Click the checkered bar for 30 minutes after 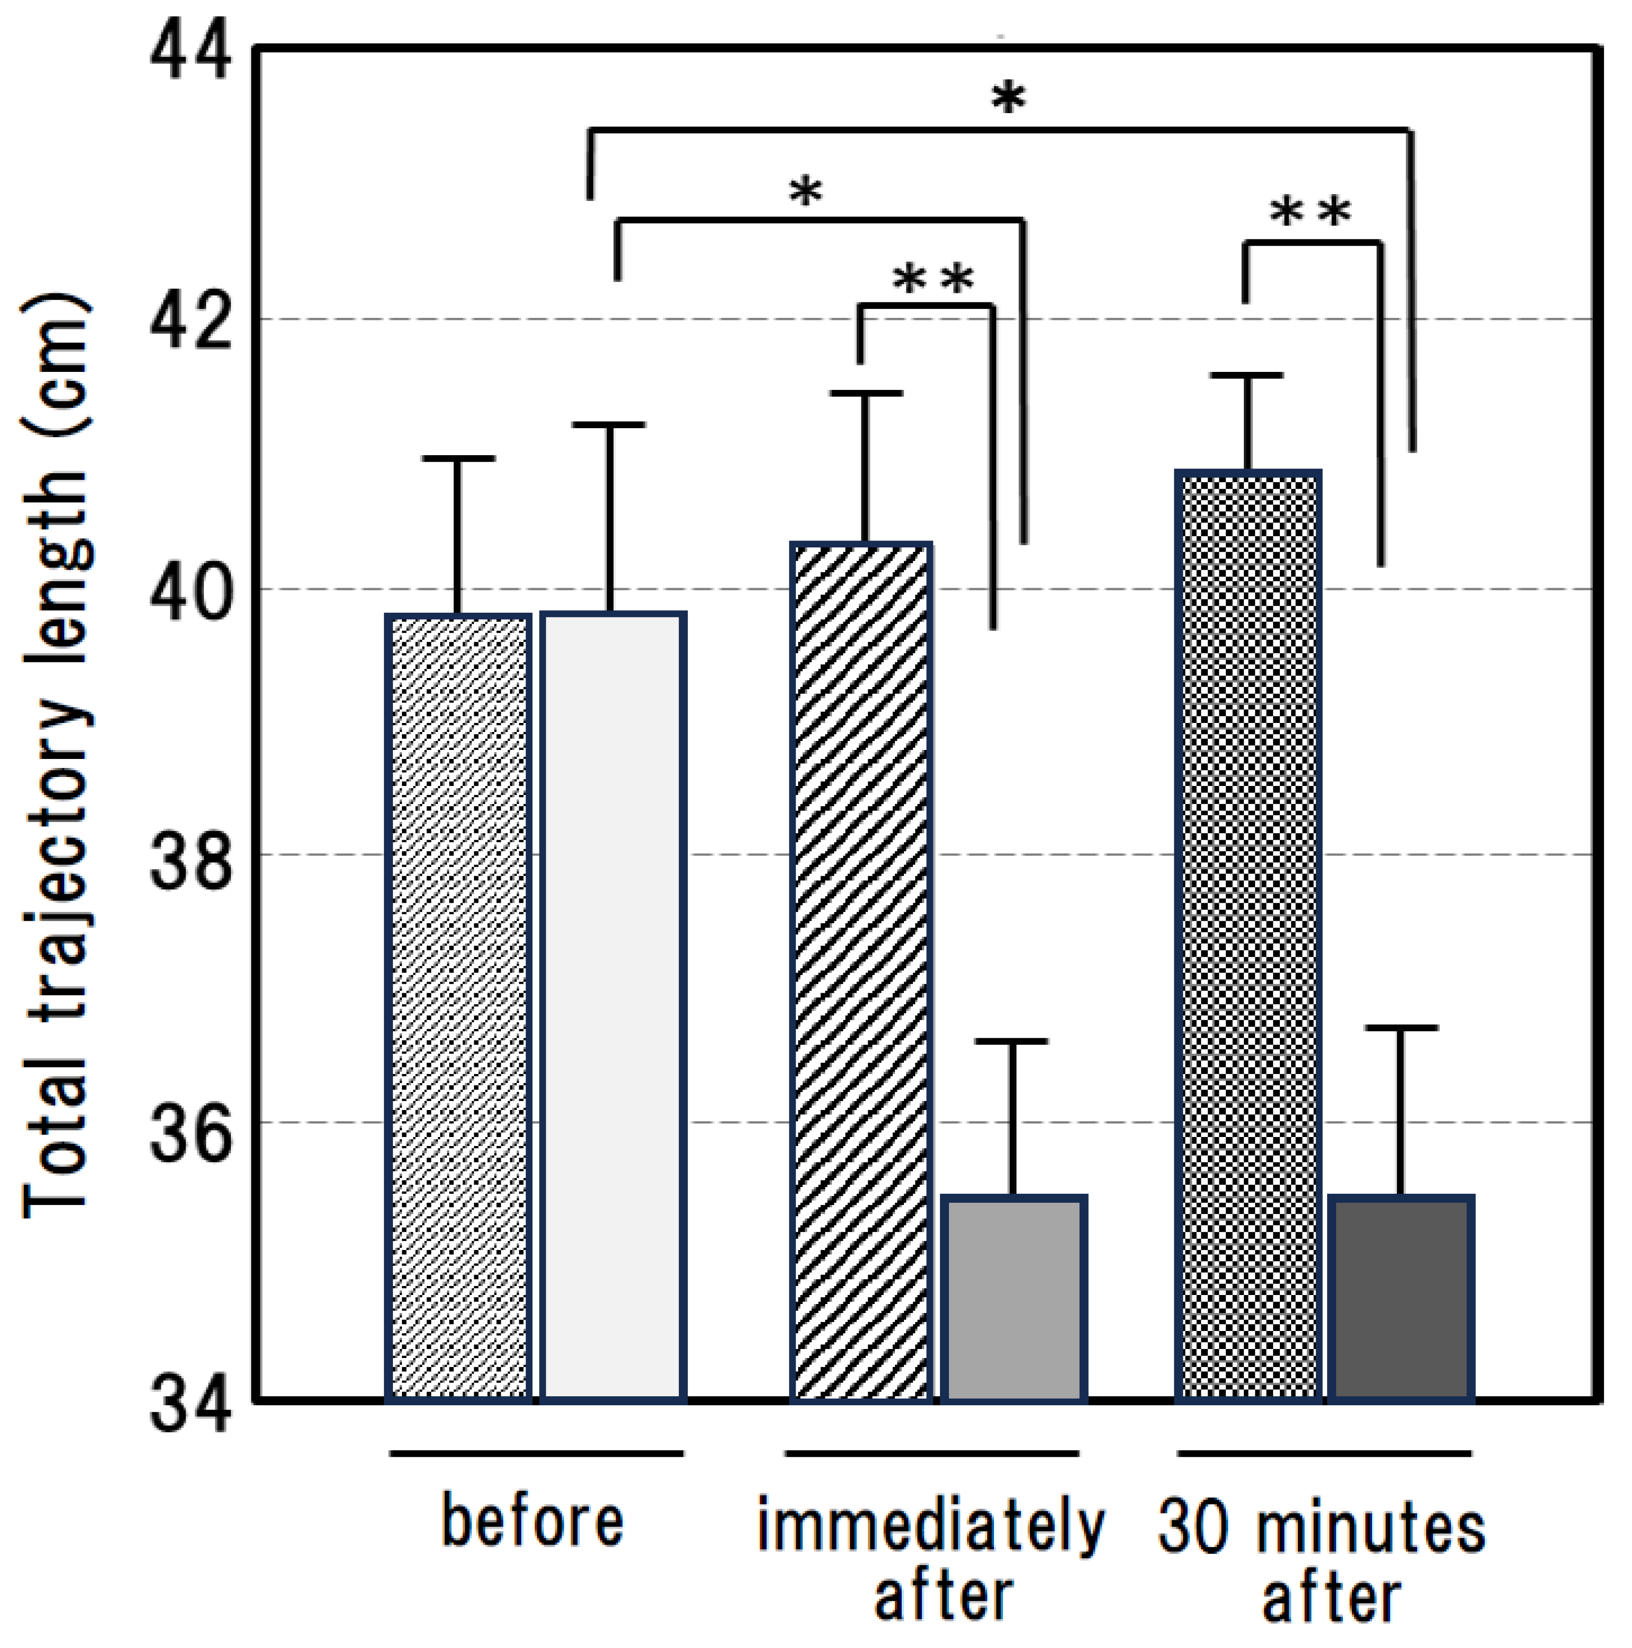(1248, 936)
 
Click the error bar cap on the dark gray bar (1401, 1028)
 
